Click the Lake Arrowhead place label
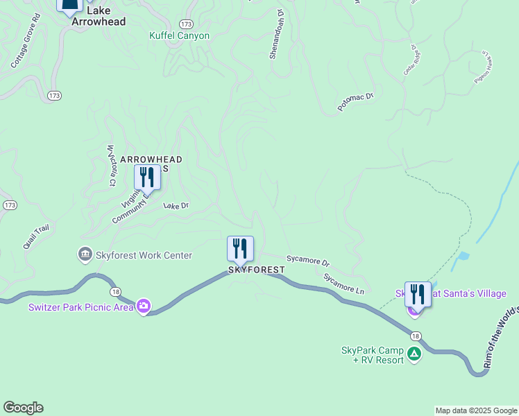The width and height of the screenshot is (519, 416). (x=99, y=17)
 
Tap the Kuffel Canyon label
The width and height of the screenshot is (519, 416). (x=179, y=35)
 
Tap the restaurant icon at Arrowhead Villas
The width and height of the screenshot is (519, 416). (x=146, y=177)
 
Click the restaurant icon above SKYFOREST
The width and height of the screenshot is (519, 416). (x=240, y=248)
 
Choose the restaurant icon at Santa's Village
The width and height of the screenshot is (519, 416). (x=418, y=294)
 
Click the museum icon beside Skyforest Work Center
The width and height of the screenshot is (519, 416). (x=85, y=255)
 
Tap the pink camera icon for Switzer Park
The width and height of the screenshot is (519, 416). (x=144, y=306)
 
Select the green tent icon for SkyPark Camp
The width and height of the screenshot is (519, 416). (x=414, y=355)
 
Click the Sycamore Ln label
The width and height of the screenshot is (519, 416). (x=343, y=283)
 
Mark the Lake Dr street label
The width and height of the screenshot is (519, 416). (x=176, y=206)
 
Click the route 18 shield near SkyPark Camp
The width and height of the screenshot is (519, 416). (x=415, y=334)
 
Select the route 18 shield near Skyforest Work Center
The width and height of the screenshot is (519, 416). (x=115, y=292)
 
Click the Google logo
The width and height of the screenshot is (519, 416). (x=23, y=408)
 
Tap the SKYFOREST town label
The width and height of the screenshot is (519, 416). (x=257, y=269)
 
